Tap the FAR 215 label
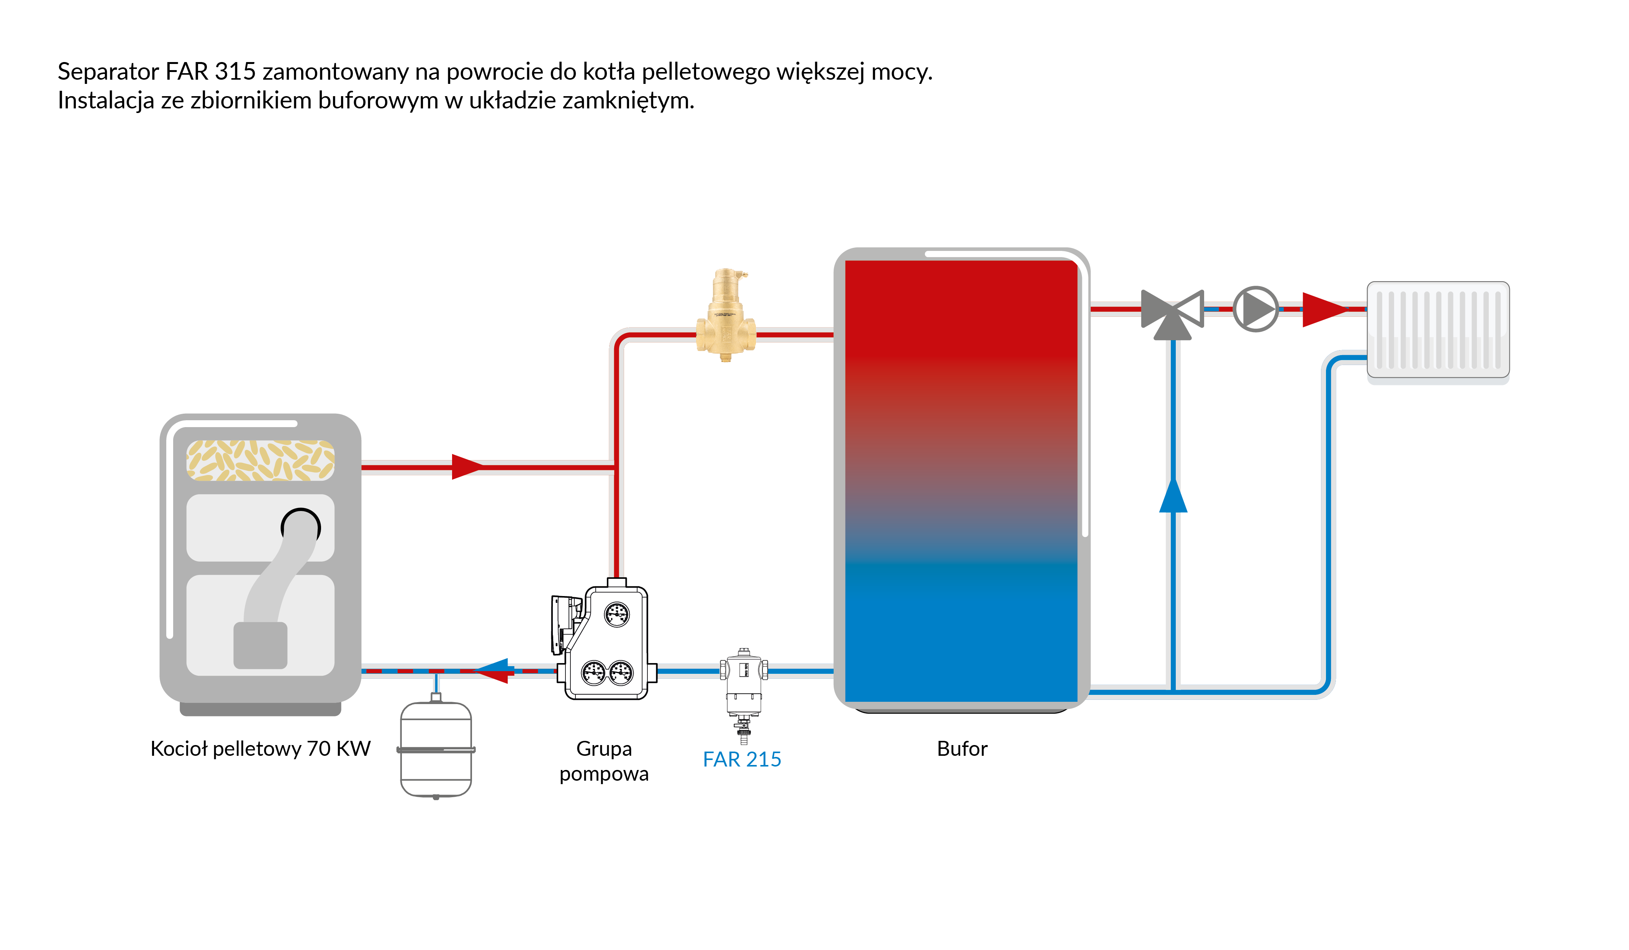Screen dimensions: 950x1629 click(742, 759)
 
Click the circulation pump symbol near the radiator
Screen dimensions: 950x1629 click(1255, 309)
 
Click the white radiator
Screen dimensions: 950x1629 click(1438, 329)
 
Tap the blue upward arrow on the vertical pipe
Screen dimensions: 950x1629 click(1173, 496)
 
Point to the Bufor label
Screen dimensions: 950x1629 click(962, 749)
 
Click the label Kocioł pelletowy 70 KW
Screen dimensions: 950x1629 click(261, 749)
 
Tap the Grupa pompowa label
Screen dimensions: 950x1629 click(604, 761)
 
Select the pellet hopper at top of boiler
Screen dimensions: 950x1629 click(261, 460)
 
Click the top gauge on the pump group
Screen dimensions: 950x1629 click(617, 614)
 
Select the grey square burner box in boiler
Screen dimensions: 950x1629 click(261, 645)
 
